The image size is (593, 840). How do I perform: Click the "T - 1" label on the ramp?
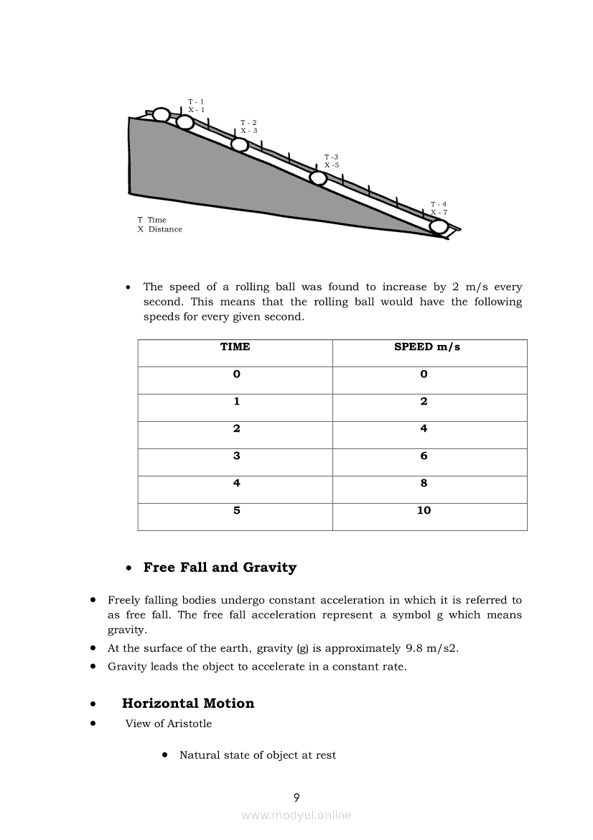tap(196, 102)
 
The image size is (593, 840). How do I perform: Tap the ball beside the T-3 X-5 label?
tap(317, 178)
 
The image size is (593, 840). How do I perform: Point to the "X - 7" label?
tap(439, 213)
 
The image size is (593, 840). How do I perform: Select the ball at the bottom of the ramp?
tap(439, 228)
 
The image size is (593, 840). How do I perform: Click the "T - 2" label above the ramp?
tap(248, 123)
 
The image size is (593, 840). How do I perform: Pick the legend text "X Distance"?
tap(160, 229)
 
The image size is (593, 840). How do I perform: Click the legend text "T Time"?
tap(152, 220)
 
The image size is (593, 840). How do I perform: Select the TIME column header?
tap(235, 347)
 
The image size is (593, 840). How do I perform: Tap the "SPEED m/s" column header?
tap(427, 347)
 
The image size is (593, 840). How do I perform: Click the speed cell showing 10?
tap(424, 510)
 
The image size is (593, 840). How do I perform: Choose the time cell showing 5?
tap(236, 510)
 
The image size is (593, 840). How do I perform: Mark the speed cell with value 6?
tap(424, 456)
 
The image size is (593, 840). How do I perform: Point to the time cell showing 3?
tap(236, 456)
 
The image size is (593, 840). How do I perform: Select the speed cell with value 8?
tap(424, 483)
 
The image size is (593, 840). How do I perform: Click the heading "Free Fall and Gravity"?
tap(220, 568)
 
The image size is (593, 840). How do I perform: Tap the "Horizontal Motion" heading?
tap(188, 703)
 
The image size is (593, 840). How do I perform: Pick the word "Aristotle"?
tap(190, 724)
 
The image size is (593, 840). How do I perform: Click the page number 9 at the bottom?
tap(296, 797)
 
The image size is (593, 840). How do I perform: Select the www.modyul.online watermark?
tap(296, 815)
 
